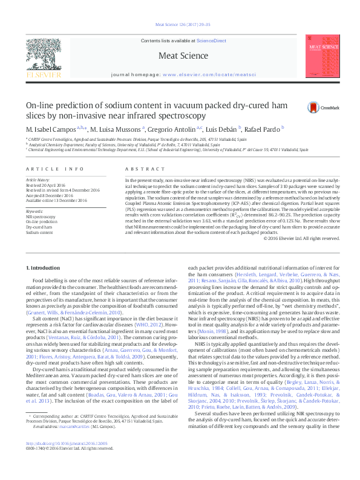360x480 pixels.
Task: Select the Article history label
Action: [x=37, y=180]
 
